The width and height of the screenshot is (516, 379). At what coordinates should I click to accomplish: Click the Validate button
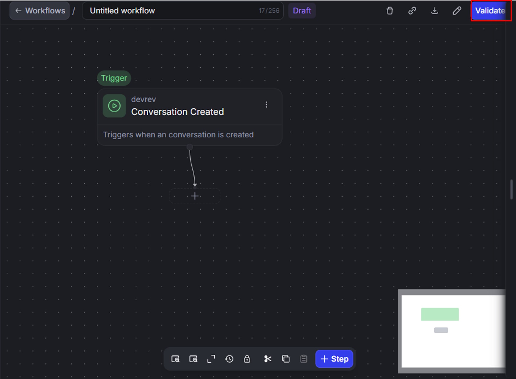point(490,11)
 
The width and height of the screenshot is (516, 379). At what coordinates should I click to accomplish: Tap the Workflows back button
point(40,11)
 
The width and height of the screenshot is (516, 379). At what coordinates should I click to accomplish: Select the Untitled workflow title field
point(183,11)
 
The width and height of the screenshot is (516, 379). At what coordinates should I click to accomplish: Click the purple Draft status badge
point(302,11)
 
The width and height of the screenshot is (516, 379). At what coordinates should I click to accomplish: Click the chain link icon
point(412,11)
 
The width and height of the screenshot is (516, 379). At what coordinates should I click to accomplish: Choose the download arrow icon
point(434,11)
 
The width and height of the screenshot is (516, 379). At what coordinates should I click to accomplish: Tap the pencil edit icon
point(457,11)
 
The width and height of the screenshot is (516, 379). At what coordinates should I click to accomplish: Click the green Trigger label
point(114,78)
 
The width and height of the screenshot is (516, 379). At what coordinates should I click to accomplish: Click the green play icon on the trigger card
point(114,106)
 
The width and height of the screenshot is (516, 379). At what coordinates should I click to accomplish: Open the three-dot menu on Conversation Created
point(266,105)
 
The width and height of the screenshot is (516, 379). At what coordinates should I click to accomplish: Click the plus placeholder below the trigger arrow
point(195,196)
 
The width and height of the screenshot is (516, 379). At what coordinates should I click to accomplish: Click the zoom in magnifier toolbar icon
point(175,359)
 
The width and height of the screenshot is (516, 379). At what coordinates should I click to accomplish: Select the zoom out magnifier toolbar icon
point(193,359)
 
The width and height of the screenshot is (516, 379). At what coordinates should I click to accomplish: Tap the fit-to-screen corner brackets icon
point(211,359)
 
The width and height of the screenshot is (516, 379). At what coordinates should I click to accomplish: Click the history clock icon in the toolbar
point(229,359)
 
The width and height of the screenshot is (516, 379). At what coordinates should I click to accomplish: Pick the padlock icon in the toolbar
point(247,359)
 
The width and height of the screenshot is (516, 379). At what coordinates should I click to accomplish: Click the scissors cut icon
point(268,359)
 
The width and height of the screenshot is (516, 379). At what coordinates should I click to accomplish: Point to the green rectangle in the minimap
point(440,314)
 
